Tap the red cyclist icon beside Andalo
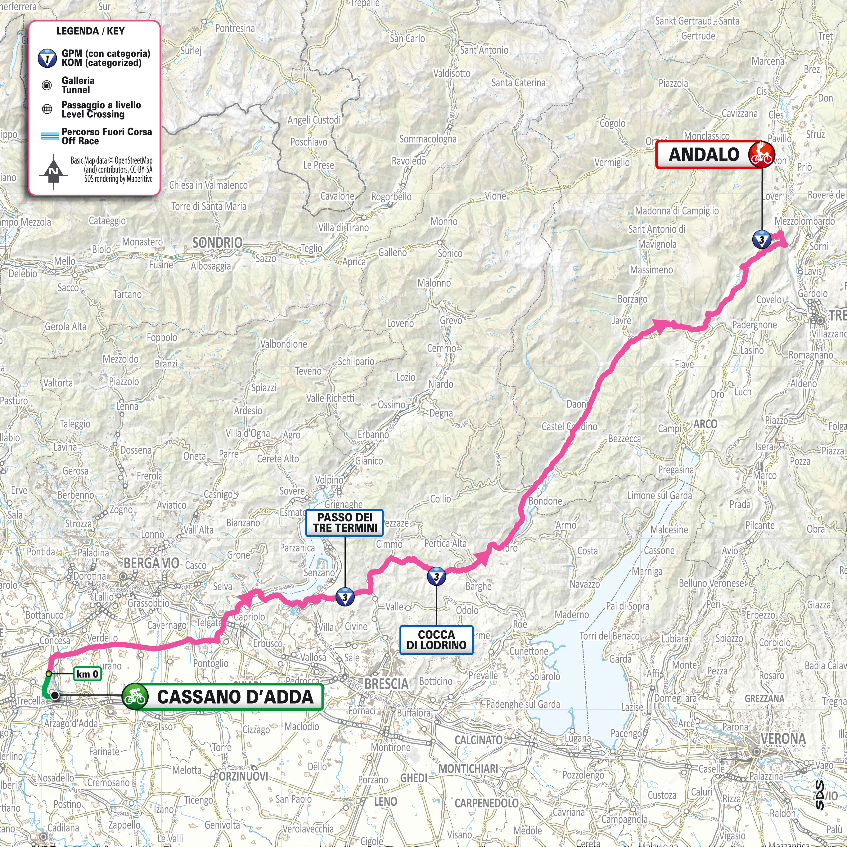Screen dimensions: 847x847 pyautogui.click(x=762, y=154)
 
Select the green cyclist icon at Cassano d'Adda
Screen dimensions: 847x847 pyautogui.click(x=135, y=697)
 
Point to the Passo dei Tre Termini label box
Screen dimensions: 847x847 pyautogui.click(x=345, y=523)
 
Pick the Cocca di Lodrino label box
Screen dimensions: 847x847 pyautogui.click(x=436, y=640)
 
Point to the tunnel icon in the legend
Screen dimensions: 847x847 pyautogui.click(x=47, y=85)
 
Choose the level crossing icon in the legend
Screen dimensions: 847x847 pyautogui.click(x=47, y=110)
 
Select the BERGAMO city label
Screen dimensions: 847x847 pyautogui.click(x=151, y=563)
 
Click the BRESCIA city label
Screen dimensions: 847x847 pyautogui.click(x=386, y=683)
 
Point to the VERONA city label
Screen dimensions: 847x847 pyautogui.click(x=782, y=739)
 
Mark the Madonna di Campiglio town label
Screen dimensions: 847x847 pyautogui.click(x=677, y=211)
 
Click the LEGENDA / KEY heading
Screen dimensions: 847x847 pyautogui.click(x=90, y=31)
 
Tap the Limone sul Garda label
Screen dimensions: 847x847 pyautogui.click(x=659, y=495)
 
